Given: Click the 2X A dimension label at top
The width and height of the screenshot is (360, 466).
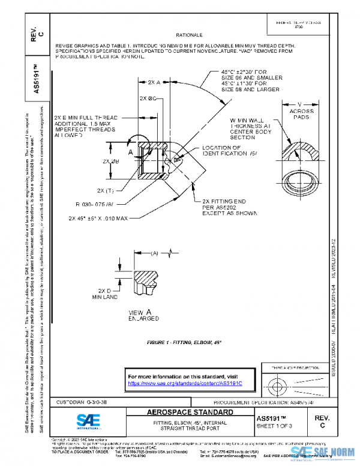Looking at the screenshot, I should (154, 83).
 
